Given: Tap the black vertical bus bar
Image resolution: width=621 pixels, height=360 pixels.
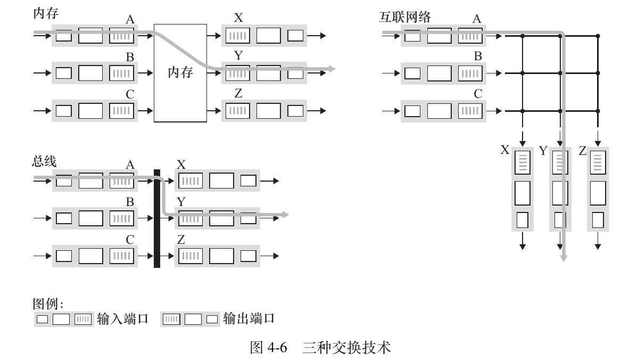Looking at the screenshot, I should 157,218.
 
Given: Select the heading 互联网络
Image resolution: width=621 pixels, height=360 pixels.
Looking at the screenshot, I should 402,17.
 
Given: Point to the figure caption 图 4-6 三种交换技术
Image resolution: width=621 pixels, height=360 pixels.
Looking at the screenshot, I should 320,348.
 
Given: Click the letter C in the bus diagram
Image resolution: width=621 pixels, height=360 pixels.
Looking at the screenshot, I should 130,240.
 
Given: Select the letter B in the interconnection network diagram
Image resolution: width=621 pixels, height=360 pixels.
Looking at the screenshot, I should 478,56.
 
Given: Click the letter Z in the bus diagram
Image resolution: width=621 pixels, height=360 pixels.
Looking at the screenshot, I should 181,240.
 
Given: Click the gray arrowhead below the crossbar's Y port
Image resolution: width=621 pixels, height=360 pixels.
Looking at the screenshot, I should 564,258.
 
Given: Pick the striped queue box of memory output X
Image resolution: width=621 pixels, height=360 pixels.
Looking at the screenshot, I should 237,36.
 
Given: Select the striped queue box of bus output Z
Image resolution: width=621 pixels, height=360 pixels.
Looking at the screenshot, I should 190,256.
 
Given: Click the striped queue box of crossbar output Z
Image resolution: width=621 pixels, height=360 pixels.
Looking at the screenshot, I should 597,162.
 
